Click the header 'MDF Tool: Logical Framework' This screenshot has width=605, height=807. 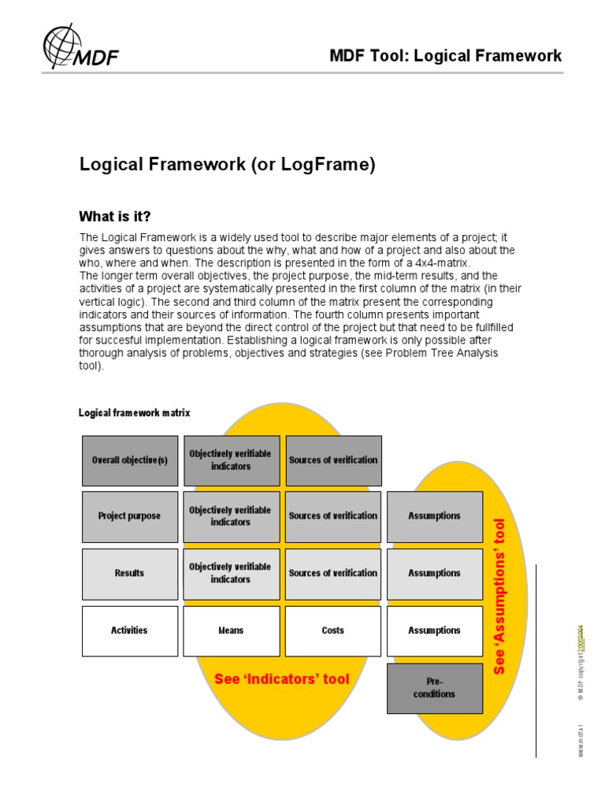(x=446, y=55)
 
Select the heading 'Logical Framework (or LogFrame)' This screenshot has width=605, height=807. (x=228, y=165)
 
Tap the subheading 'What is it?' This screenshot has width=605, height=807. (x=114, y=216)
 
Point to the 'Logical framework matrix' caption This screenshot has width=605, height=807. (x=134, y=412)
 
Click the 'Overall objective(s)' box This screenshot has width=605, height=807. (x=130, y=460)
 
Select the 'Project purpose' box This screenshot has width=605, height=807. (x=130, y=516)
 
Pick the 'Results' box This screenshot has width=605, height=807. (x=130, y=573)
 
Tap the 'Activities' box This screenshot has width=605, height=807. (x=130, y=630)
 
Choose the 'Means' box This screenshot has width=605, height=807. (x=231, y=630)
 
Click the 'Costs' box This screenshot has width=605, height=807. (x=333, y=630)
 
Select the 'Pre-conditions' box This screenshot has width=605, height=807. (x=434, y=688)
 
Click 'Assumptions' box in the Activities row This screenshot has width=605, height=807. (x=434, y=630)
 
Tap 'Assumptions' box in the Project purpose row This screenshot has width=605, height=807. (x=434, y=516)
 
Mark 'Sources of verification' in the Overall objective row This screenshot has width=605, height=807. (x=333, y=460)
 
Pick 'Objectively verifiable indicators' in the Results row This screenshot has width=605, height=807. (x=231, y=573)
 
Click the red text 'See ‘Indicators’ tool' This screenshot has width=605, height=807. (x=282, y=679)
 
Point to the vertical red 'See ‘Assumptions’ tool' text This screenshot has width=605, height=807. (x=499, y=596)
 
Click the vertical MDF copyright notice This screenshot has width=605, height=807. (x=581, y=662)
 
